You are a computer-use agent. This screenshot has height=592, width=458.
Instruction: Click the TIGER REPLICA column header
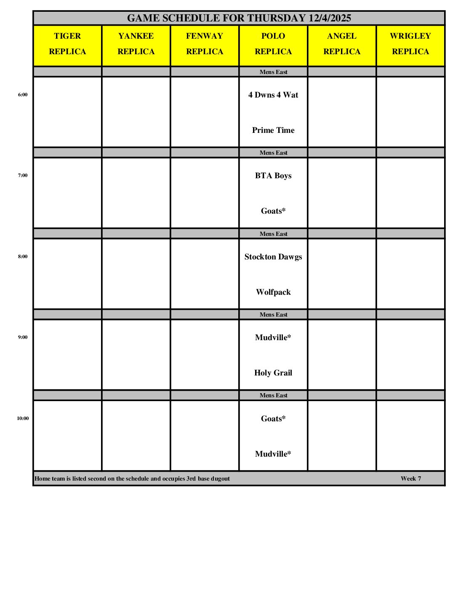(67, 44)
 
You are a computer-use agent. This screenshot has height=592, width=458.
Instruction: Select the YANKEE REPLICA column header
(136, 44)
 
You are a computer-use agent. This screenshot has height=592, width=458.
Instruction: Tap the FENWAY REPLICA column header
(205, 44)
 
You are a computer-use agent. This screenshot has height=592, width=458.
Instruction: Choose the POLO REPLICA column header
(273, 44)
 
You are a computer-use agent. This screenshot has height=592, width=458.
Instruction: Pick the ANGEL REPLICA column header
(342, 44)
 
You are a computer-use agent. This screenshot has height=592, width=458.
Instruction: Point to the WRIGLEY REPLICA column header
(410, 44)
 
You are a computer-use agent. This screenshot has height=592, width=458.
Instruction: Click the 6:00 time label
(23, 95)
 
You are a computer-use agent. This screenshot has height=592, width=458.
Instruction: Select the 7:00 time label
(23, 175)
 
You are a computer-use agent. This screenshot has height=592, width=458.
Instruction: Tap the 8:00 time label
(23, 256)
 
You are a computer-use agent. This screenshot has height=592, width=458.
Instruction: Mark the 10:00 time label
(23, 418)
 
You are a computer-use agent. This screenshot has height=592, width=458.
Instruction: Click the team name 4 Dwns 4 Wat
(273, 95)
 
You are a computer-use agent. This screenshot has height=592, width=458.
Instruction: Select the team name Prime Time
(273, 130)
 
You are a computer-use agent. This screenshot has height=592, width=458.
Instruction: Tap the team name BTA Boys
(273, 176)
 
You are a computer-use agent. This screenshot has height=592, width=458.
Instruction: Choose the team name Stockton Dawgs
(273, 257)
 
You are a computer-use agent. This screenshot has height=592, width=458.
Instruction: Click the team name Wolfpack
(273, 292)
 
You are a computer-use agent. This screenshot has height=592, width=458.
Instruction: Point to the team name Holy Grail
(273, 373)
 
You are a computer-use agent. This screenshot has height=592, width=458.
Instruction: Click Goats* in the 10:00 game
(273, 419)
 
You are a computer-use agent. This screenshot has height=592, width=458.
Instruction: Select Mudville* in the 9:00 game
(273, 338)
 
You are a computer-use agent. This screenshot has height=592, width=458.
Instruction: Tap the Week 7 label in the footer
(411, 478)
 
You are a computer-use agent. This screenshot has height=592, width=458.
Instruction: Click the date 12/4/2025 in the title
(330, 18)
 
